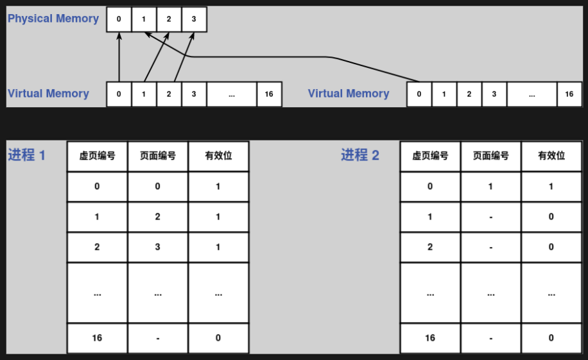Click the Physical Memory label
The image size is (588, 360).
click(53, 19)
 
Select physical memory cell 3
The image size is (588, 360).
click(194, 19)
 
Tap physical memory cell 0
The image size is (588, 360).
click(119, 19)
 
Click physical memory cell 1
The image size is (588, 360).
click(144, 19)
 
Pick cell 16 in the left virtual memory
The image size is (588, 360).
click(269, 94)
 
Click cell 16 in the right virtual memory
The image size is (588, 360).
click(569, 94)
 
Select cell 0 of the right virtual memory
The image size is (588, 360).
click(419, 94)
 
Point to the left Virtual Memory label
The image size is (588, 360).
click(48, 94)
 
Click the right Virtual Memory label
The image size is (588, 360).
click(349, 94)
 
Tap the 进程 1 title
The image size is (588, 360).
click(27, 155)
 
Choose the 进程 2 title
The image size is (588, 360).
click(360, 155)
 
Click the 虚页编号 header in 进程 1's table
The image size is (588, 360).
click(97, 156)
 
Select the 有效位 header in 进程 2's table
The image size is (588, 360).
click(551, 156)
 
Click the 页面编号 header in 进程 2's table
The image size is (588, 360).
click(490, 156)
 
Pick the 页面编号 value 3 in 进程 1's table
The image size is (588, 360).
click(158, 247)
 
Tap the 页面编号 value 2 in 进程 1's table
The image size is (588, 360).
click(158, 217)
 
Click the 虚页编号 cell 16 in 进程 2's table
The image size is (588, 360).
click(430, 338)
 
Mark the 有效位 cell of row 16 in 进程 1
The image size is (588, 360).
click(218, 338)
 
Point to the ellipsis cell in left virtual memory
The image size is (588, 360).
click(232, 94)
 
